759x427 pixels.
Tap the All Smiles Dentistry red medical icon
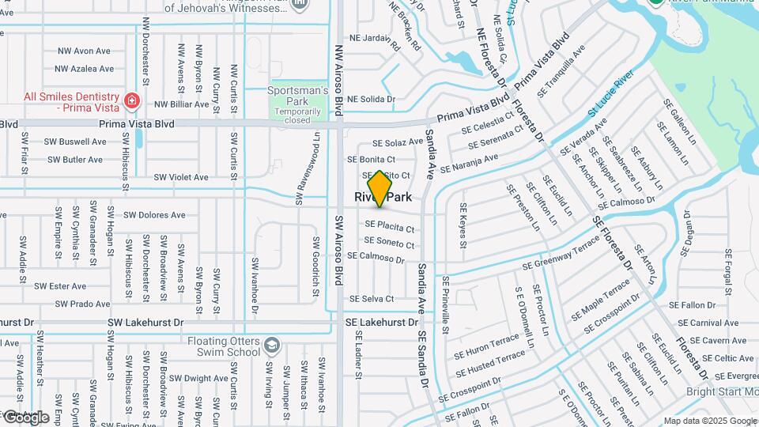tap(131, 102)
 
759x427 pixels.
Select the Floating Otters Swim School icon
tap(272, 346)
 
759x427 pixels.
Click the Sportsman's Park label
tap(297, 96)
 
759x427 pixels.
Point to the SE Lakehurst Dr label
tap(381, 323)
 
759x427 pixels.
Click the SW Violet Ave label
tap(181, 178)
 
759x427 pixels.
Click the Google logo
tap(27, 417)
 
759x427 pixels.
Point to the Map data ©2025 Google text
tap(709, 421)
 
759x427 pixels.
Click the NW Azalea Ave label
tap(84, 69)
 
